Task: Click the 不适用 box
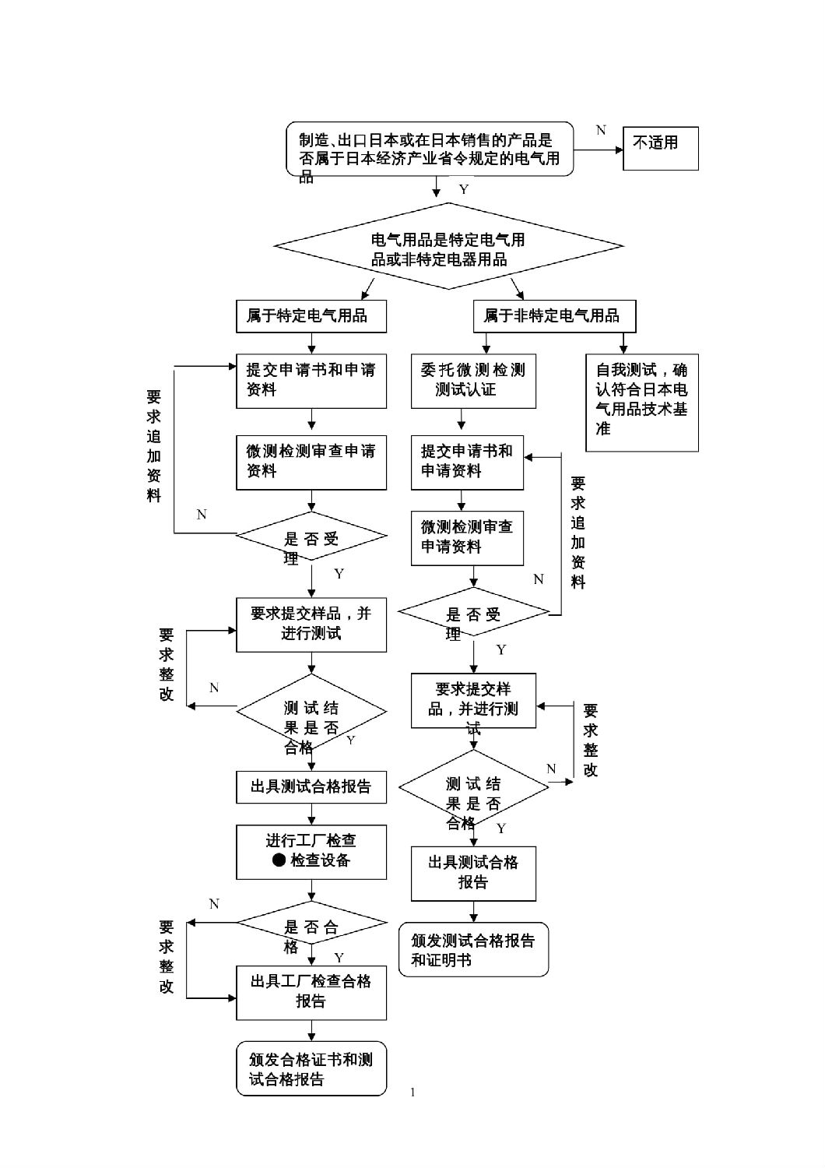(x=660, y=148)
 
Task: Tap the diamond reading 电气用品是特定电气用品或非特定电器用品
(x=448, y=246)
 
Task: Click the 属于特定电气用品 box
(x=311, y=316)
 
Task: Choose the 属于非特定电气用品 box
(x=554, y=316)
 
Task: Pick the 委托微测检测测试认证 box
(x=473, y=381)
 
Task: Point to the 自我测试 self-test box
(x=641, y=403)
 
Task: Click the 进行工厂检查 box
(x=311, y=851)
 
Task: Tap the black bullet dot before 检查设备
(x=279, y=860)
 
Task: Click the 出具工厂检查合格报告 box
(x=311, y=992)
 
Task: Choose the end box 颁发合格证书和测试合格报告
(x=311, y=1069)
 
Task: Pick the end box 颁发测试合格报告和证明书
(x=473, y=949)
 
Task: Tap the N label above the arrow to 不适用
(x=601, y=130)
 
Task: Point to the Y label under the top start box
(x=464, y=190)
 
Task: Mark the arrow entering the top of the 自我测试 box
(x=623, y=344)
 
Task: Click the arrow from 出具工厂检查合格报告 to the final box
(x=311, y=1031)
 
